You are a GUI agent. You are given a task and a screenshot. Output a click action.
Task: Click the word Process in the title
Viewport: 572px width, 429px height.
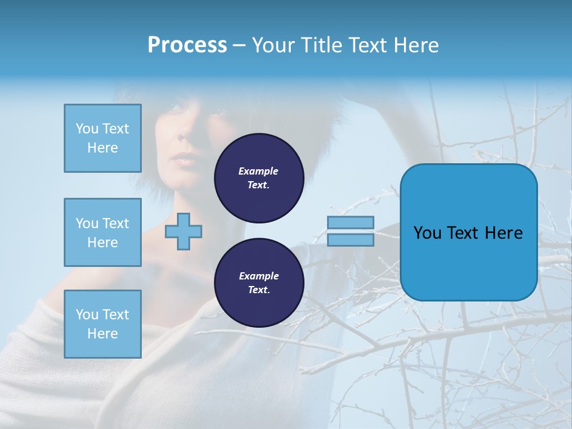click(x=187, y=45)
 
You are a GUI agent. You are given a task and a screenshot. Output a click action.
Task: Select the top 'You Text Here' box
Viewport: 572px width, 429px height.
click(x=102, y=138)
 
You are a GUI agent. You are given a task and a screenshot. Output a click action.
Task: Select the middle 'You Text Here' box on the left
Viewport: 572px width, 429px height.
click(x=102, y=232)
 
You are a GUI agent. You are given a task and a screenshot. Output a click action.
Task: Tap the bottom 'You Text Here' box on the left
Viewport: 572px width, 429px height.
click(x=102, y=324)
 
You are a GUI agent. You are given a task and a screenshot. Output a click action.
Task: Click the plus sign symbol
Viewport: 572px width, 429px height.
click(x=183, y=231)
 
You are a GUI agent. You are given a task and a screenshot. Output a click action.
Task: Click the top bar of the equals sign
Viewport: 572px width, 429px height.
click(x=350, y=222)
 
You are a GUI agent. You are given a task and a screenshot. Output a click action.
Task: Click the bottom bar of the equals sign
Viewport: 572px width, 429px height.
click(x=350, y=240)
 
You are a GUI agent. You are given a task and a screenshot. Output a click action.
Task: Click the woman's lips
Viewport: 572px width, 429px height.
click(x=185, y=160)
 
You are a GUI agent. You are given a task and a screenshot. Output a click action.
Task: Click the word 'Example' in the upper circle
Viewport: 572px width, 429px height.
click(x=259, y=171)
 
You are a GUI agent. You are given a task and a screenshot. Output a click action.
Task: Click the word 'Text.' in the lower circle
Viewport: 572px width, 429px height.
click(x=259, y=290)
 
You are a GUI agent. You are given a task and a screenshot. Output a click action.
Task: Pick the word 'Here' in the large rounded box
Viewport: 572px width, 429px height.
click(x=503, y=233)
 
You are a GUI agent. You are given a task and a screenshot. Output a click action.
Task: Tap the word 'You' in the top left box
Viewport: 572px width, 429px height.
click(x=87, y=129)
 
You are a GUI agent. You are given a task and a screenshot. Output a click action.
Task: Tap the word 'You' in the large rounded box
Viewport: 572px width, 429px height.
click(x=427, y=233)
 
